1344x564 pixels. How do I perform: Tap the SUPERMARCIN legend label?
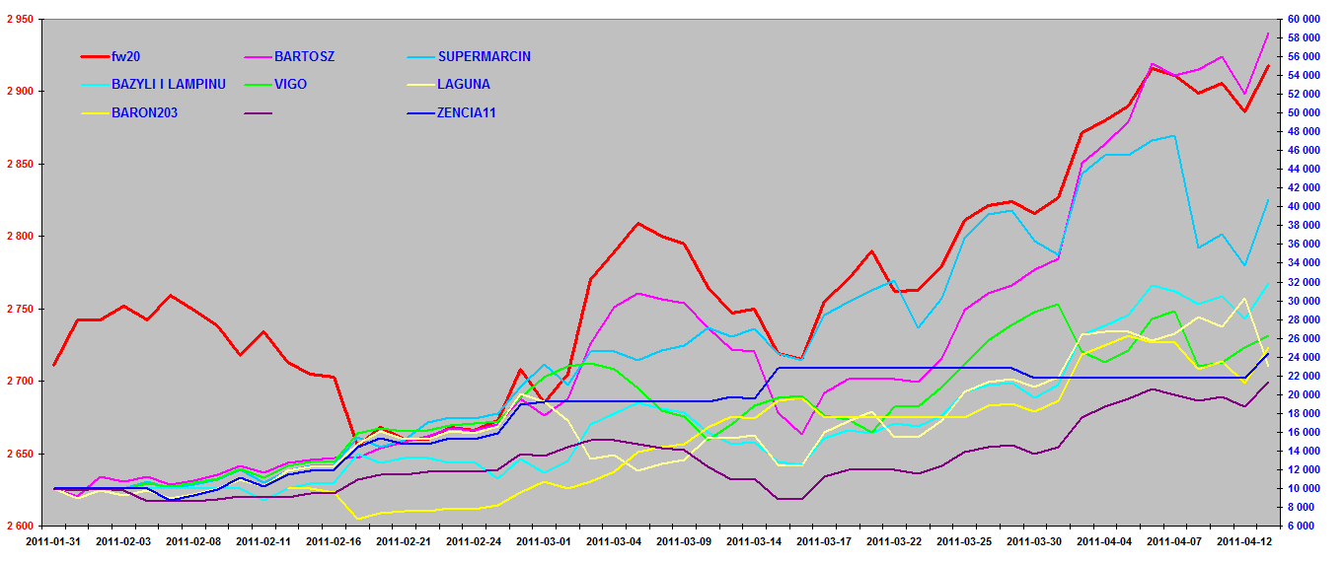point(484,57)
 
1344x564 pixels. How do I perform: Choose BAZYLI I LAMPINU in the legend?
point(169,85)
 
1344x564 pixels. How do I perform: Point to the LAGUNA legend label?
point(463,85)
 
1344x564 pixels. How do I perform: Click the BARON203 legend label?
point(144,112)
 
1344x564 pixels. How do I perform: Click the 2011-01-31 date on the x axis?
point(53,541)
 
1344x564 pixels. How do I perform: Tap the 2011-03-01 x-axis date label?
point(545,541)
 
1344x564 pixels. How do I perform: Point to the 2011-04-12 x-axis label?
point(1246,541)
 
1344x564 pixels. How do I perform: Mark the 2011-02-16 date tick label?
point(335,541)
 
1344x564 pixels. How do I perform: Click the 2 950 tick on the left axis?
point(19,20)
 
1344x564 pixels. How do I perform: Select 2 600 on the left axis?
point(19,527)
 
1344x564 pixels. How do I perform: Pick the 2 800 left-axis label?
point(19,237)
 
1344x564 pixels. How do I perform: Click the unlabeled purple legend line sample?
point(258,112)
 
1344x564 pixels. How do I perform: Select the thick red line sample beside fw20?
point(95,57)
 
